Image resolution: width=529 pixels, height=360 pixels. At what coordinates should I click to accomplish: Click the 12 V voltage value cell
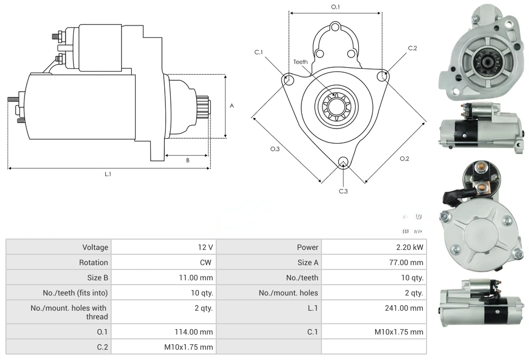coord(205,247)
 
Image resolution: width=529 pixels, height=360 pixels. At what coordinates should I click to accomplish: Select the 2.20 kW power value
coord(410,247)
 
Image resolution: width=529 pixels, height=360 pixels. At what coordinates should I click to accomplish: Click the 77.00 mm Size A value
coord(407,262)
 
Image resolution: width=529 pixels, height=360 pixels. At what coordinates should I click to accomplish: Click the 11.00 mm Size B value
coord(198,278)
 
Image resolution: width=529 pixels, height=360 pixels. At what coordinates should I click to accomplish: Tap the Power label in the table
coord(307,247)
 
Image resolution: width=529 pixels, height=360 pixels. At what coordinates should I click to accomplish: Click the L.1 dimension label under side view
coord(108,174)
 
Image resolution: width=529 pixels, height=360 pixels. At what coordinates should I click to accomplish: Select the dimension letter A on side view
coord(232,106)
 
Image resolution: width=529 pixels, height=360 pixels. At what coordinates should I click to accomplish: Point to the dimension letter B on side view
coord(188,160)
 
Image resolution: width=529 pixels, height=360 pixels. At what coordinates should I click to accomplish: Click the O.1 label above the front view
coord(336,7)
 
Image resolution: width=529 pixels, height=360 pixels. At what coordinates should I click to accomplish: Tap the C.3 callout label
coord(343,191)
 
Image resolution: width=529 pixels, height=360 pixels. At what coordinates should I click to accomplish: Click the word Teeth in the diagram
coord(300,62)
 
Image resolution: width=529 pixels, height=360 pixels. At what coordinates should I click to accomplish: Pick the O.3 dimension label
coord(275,149)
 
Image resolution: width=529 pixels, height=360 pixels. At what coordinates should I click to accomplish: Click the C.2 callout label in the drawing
coord(412,48)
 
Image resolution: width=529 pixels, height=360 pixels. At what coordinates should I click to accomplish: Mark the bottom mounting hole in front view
coord(343,162)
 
